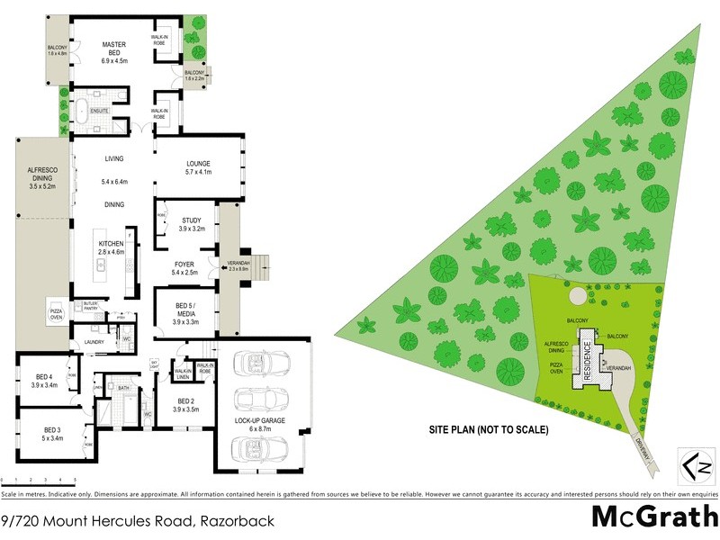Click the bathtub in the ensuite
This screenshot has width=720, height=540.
pos(81,114)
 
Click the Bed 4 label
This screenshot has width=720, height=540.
pos(44,380)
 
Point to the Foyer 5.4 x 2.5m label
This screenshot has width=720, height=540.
pos(185,268)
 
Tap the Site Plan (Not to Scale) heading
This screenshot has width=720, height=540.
pos(488,429)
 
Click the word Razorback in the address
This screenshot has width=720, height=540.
pos(241,520)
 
